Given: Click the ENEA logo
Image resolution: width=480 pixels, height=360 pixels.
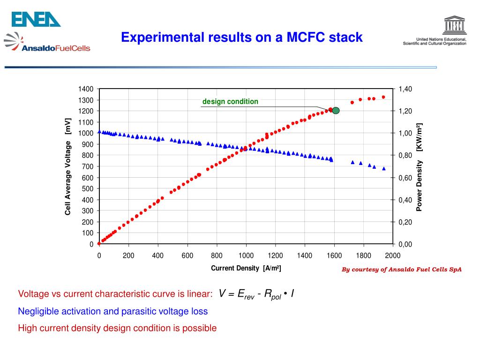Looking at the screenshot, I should pyautogui.click(x=36, y=19).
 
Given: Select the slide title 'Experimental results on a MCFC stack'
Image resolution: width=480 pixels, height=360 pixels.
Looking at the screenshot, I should pyautogui.click(x=241, y=37).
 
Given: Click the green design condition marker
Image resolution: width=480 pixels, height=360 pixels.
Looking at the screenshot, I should pyautogui.click(x=335, y=111).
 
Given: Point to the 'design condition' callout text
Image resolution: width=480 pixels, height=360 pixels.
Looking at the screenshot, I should pyautogui.click(x=230, y=102).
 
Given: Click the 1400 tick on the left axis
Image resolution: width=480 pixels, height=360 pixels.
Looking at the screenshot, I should pyautogui.click(x=86, y=89).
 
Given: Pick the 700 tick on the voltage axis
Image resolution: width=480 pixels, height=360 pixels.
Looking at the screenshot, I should pyautogui.click(x=88, y=166).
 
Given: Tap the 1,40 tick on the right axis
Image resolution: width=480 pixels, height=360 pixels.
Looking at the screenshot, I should pyautogui.click(x=405, y=89).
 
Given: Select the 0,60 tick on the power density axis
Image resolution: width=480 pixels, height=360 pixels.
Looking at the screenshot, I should pyautogui.click(x=405, y=178).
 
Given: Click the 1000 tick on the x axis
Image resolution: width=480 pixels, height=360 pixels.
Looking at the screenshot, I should pyautogui.click(x=246, y=255).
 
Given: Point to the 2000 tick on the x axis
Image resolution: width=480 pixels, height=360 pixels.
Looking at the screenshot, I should pyautogui.click(x=393, y=255).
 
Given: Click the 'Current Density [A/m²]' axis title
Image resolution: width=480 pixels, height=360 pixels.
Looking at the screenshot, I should pyautogui.click(x=246, y=268).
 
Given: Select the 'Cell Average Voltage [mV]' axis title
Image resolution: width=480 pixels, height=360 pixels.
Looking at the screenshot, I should pyautogui.click(x=68, y=166).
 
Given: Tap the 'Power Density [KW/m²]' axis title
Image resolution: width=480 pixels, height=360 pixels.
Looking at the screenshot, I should pyautogui.click(x=420, y=166).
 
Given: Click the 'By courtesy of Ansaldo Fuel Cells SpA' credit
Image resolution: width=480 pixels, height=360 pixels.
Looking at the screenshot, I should pyautogui.click(x=401, y=270).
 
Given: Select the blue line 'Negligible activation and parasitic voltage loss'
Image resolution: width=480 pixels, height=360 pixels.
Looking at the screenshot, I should pyautogui.click(x=112, y=311).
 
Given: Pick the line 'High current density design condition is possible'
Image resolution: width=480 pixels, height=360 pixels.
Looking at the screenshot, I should pyautogui.click(x=117, y=328).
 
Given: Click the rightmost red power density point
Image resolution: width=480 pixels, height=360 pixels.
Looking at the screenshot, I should pyautogui.click(x=383, y=97).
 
